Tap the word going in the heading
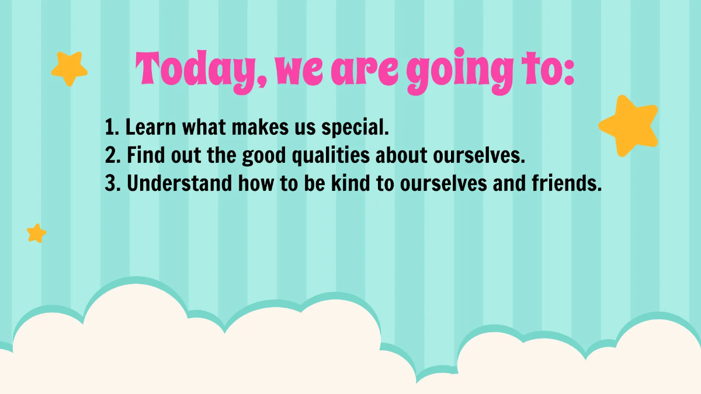click(x=451, y=73)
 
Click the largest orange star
click(x=629, y=125)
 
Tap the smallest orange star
click(x=36, y=233)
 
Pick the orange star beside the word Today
click(x=69, y=68)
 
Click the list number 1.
click(x=111, y=127)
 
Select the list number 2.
click(x=112, y=155)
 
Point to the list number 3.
click(x=112, y=184)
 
